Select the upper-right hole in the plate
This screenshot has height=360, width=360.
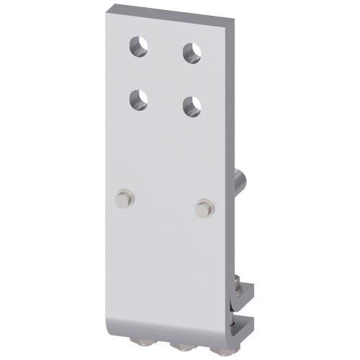191,53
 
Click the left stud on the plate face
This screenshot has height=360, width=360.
127,197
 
